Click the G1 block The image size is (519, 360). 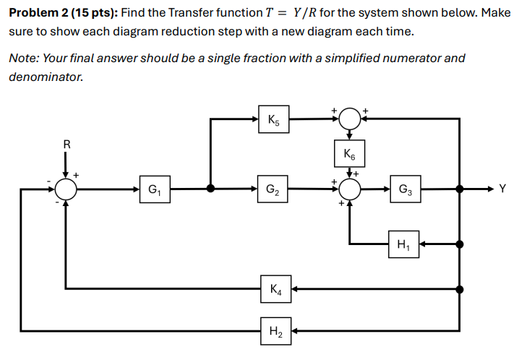click(x=155, y=190)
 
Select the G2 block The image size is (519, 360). click(x=272, y=190)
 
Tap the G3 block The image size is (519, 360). click(x=403, y=190)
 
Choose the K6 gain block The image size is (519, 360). click(x=350, y=153)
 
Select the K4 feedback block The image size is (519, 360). click(x=275, y=289)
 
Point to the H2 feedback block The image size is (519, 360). click(x=275, y=332)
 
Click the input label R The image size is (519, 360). click(x=67, y=144)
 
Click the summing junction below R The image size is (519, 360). click(x=67, y=190)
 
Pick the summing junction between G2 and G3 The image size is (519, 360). click(x=350, y=190)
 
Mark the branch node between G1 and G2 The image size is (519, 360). click(x=210, y=190)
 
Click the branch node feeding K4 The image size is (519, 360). click(x=460, y=289)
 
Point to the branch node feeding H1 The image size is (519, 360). click(x=460, y=244)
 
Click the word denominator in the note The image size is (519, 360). click(x=46, y=75)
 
